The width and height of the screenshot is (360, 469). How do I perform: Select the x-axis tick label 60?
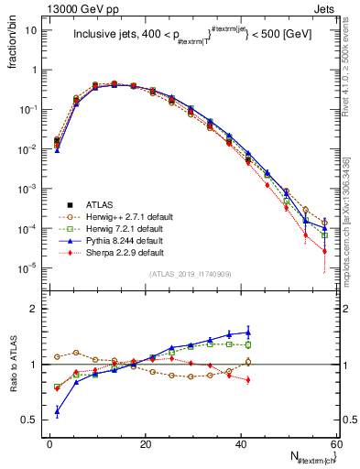click(337, 444)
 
